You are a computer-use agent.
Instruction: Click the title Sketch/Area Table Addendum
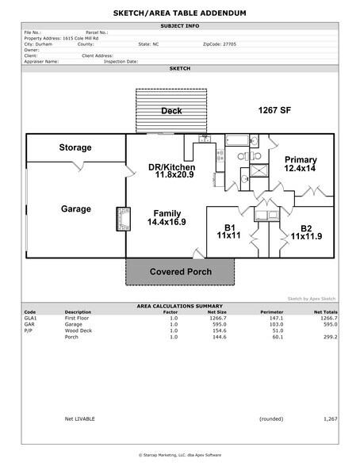180,14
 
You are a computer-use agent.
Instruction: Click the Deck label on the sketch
172,111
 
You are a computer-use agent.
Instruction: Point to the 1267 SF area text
277,111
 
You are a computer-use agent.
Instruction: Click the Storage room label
75,147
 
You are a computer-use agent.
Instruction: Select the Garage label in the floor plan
75,209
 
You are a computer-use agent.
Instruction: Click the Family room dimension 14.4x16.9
167,223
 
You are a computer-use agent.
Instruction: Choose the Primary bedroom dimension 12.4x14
301,169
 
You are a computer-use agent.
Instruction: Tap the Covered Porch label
180,272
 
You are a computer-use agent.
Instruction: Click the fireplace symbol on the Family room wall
123,219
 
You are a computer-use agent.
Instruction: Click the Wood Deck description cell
79,330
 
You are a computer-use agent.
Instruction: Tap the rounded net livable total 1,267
330,418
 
